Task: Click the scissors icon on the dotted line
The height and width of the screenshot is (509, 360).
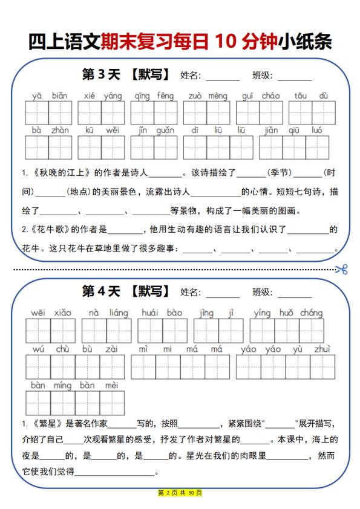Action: click(342, 269)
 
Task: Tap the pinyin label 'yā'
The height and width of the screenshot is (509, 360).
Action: click(37, 96)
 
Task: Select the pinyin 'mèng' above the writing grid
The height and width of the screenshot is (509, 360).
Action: click(218, 96)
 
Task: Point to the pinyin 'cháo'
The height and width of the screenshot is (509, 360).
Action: click(270, 96)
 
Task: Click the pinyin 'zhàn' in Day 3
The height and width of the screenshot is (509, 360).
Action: click(60, 130)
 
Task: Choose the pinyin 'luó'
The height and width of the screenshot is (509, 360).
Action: click(317, 130)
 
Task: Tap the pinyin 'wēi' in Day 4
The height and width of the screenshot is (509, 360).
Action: click(38, 313)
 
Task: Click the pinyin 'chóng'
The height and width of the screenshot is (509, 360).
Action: click(311, 313)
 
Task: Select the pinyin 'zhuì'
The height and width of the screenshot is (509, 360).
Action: click(321, 349)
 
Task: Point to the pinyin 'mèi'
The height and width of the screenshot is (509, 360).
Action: click(111, 385)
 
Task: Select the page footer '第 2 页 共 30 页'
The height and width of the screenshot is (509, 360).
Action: click(180, 493)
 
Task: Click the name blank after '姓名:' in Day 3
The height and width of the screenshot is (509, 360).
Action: click(223, 77)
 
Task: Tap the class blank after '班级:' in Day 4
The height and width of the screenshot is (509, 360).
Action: click(295, 294)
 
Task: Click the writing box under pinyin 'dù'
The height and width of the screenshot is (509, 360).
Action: click(324, 113)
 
